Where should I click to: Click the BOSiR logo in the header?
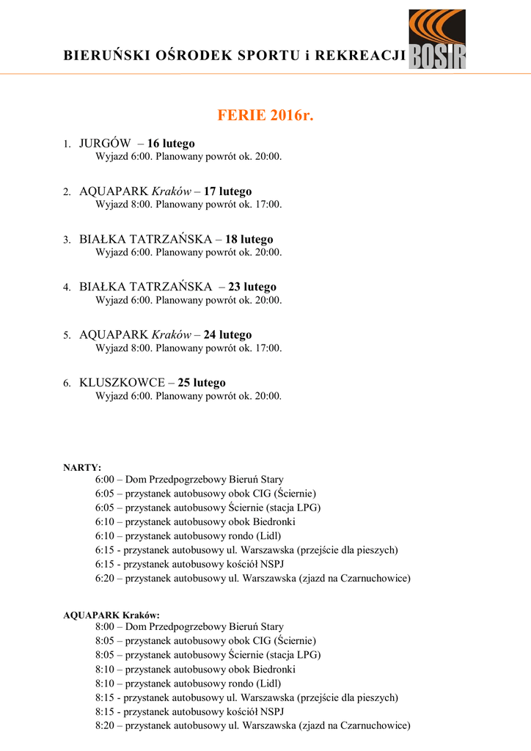click(437, 40)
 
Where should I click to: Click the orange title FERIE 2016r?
click(265, 116)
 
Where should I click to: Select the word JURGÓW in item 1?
click(105, 143)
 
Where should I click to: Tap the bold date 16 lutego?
click(171, 143)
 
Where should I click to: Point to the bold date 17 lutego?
click(227, 191)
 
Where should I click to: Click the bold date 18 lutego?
click(249, 239)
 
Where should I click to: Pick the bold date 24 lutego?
click(227, 334)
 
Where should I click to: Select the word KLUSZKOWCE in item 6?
click(122, 383)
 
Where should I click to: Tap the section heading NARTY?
click(82, 467)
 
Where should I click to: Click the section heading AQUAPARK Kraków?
click(111, 615)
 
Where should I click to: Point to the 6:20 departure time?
click(105, 578)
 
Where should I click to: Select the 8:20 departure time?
click(105, 725)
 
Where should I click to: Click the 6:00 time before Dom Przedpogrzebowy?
click(105, 480)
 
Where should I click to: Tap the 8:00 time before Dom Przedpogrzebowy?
click(105, 627)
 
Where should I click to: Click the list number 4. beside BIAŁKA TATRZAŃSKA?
click(66, 287)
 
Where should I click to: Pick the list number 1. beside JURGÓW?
click(66, 144)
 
